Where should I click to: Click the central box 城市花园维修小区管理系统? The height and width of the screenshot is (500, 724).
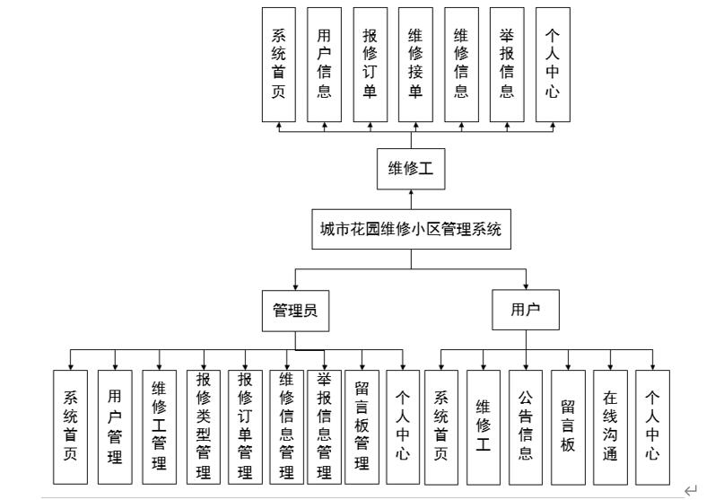point(412,229)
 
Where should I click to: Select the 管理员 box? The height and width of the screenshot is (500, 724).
point(295,311)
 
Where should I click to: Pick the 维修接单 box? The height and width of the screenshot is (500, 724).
point(415,64)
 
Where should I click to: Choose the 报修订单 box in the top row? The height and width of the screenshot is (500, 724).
point(370,64)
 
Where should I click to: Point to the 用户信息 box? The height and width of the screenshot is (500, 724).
point(324,64)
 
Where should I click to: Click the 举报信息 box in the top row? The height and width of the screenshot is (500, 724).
point(507,64)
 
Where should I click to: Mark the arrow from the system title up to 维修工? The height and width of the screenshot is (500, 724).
point(412,198)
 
